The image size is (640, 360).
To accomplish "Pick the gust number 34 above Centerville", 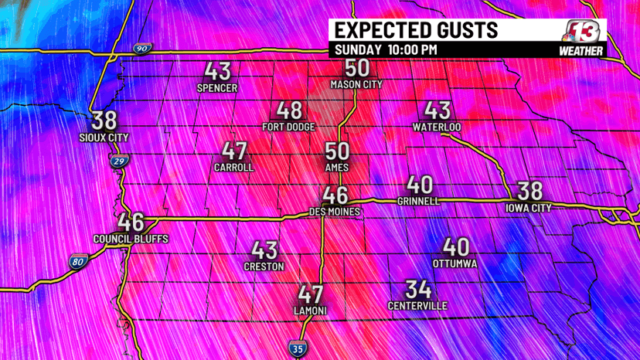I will point(417,290).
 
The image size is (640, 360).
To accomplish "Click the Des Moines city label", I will point(335,211).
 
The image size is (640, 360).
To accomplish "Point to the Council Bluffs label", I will point(131,239).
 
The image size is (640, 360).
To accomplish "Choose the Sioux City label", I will point(104,138).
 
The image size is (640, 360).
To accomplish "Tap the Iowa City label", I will point(529,208).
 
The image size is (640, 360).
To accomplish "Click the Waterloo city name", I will point(437,126).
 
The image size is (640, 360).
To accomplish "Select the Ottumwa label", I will point(455,264).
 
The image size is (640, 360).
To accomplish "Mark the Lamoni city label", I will point(310,310).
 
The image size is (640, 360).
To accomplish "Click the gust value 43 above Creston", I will point(264,250).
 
